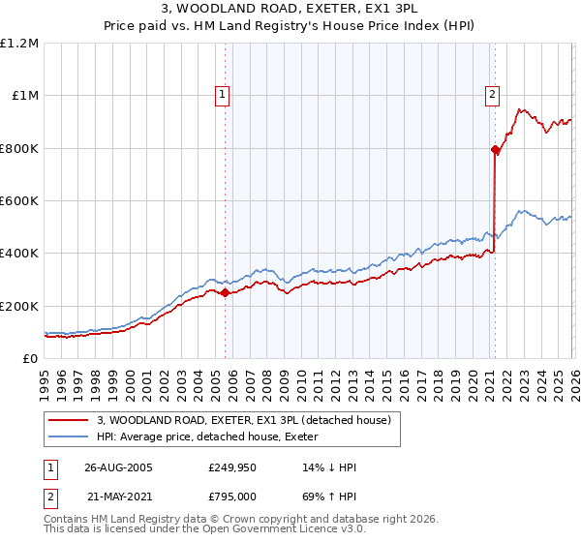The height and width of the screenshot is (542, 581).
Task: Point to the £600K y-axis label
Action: point(19,201)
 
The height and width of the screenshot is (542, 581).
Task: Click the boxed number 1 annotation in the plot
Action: point(223,94)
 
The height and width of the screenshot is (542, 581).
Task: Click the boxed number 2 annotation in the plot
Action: point(492,94)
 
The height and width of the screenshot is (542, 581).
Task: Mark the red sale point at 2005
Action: point(226,292)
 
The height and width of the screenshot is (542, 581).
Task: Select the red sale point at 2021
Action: point(495,149)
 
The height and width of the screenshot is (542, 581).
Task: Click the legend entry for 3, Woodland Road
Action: point(243,420)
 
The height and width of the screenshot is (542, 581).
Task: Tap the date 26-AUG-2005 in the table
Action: point(118,467)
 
